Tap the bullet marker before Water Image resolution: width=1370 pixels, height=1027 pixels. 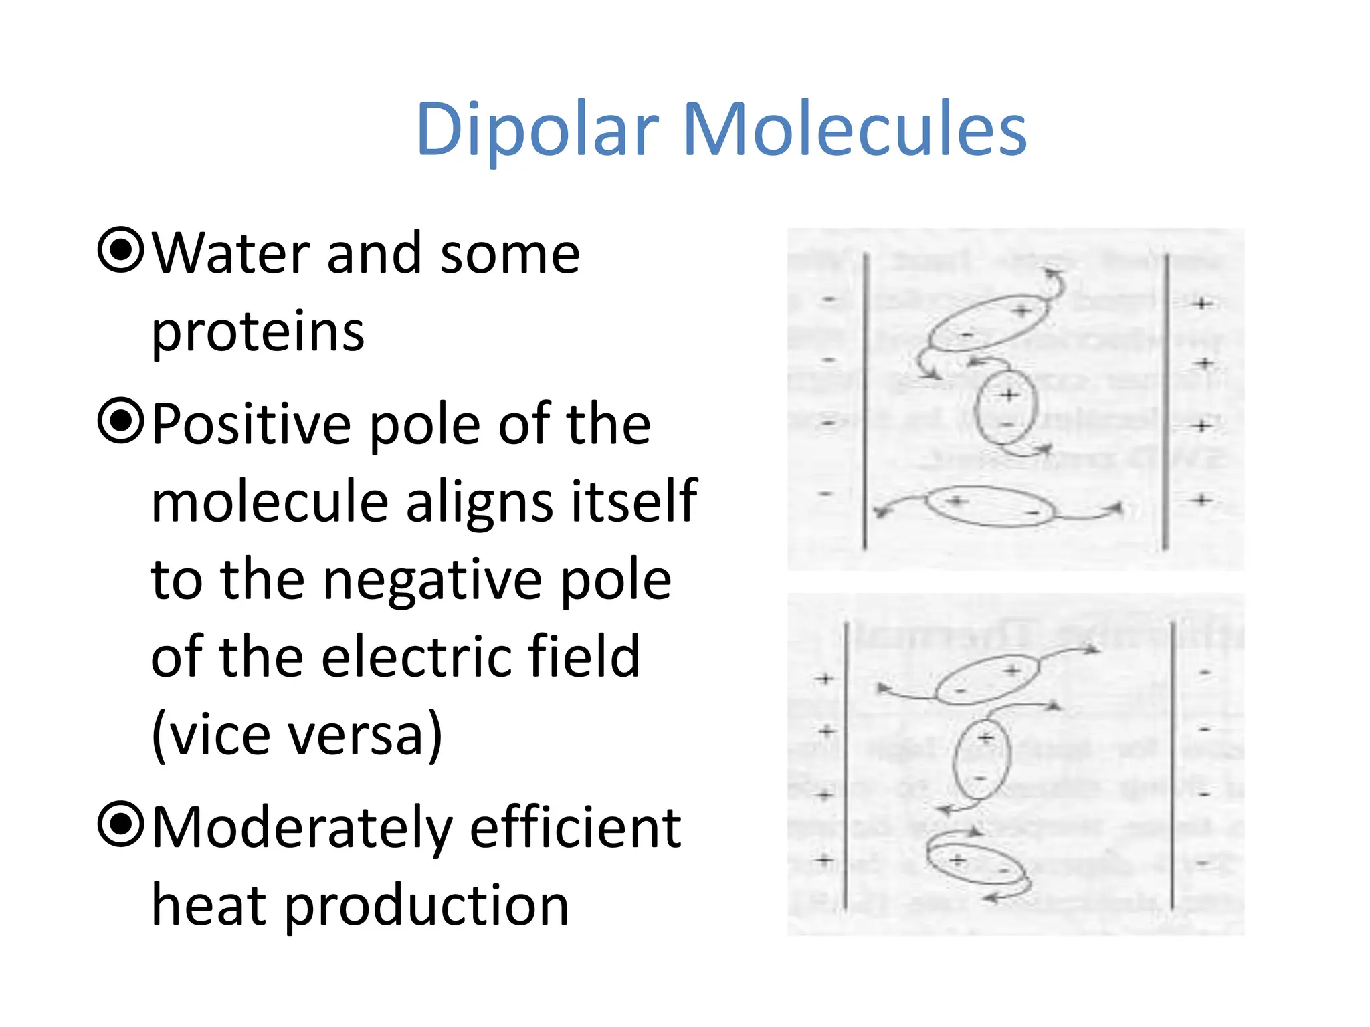[120, 251]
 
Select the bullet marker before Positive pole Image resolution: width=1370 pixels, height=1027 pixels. [120, 421]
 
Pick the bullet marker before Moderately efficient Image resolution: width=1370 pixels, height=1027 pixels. [120, 824]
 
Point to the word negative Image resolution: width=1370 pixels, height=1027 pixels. [432, 580]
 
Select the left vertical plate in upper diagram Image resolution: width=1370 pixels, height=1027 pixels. [865, 401]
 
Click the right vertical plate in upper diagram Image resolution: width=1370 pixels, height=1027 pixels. [1166, 401]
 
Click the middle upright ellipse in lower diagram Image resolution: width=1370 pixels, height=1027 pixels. [981, 759]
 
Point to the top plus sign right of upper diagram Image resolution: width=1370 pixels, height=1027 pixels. [1202, 304]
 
